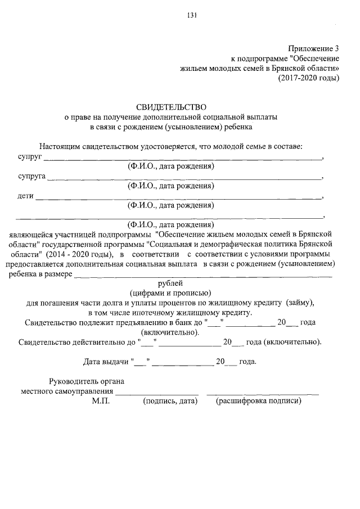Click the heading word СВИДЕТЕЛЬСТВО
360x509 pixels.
point(171,106)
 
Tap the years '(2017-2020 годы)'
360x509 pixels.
point(309,78)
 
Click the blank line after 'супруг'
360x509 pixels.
point(183,159)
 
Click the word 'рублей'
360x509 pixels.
point(171,283)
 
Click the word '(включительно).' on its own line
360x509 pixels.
point(171,332)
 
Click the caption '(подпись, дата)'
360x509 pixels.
point(169,401)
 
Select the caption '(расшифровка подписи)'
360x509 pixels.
point(259,401)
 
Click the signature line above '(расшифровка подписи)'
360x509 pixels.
point(263,393)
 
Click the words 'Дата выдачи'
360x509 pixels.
point(105,362)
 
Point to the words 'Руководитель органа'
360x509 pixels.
point(87,381)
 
